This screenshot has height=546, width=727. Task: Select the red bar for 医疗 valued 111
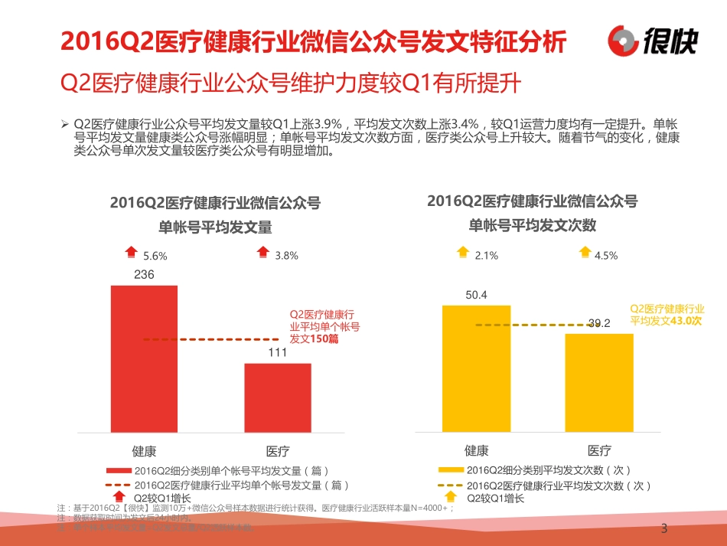coord(278,397)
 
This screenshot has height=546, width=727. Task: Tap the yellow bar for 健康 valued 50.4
coord(476,368)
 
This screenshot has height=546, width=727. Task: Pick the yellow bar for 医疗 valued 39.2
coord(599,383)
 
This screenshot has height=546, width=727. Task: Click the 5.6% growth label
coord(155,256)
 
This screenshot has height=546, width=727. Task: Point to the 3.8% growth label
coord(286,256)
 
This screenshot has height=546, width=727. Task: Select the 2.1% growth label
coord(487,256)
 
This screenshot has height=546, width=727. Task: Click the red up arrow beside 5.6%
coord(132,251)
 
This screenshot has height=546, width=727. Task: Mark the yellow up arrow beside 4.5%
coord(585,251)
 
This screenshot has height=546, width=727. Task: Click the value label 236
coord(144,275)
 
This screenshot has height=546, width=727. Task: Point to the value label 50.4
coord(476,295)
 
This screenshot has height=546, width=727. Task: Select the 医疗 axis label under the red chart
coord(278,450)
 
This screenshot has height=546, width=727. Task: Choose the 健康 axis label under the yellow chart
coord(476,450)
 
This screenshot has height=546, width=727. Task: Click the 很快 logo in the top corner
coord(653,40)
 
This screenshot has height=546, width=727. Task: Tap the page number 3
coord(663,528)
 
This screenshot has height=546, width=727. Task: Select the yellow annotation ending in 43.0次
coord(665,315)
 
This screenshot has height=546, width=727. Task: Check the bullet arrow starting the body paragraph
coord(64,124)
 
